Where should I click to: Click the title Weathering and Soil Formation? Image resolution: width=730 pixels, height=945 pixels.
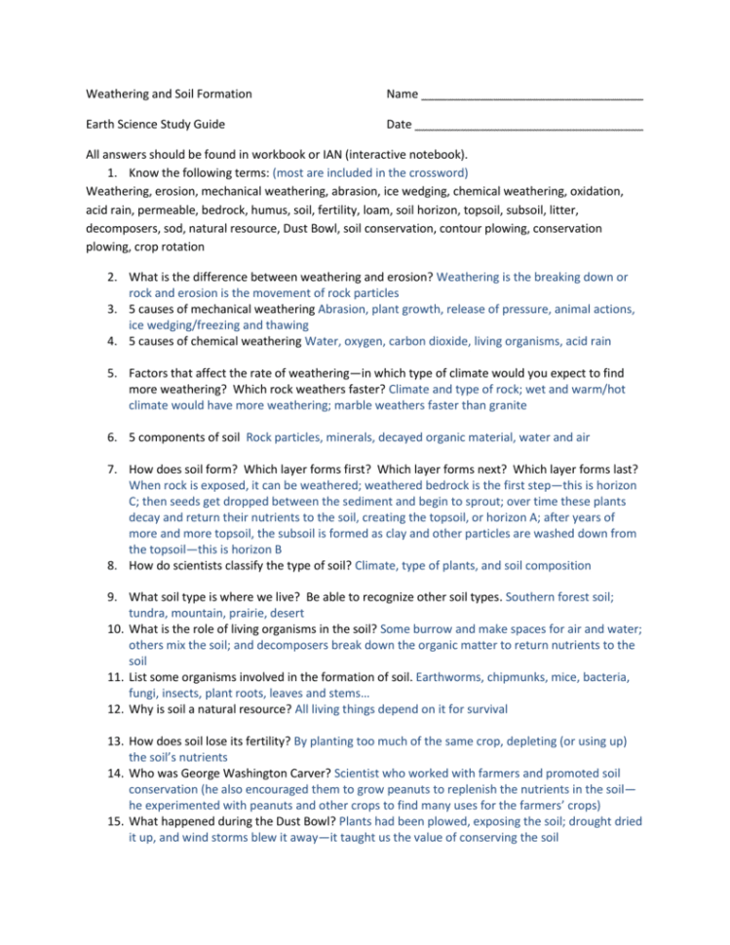pyautogui.click(x=169, y=94)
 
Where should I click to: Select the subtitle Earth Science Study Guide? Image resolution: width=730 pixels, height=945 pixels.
pyautogui.click(x=155, y=124)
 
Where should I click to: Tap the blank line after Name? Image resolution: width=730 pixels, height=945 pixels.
pyautogui.click(x=531, y=96)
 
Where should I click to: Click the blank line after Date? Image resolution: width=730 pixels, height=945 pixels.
pyautogui.click(x=528, y=126)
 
